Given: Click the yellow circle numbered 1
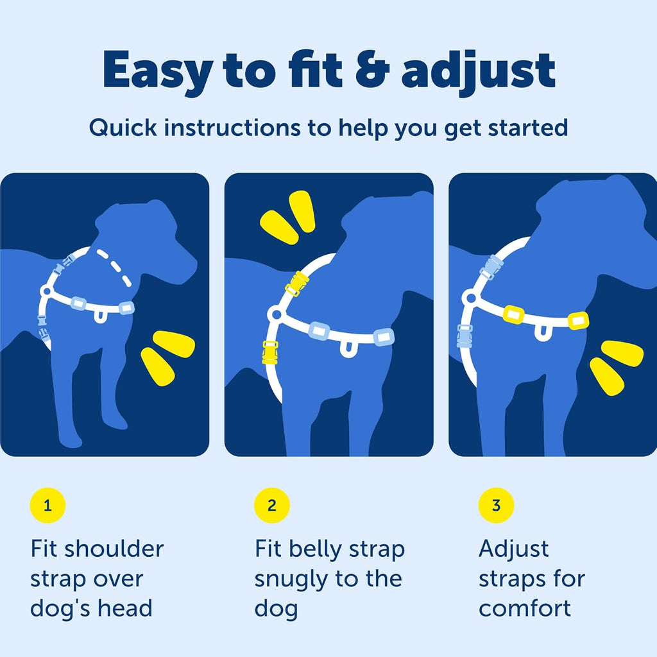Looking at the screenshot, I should pos(47,506).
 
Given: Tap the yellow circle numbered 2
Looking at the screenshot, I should pos(272,506).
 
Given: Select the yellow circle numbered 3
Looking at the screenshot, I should pos(496,506).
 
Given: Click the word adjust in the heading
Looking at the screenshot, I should pos(478,71).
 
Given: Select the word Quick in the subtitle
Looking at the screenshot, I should pos(123,128).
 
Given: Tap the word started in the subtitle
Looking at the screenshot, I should pos(528,128).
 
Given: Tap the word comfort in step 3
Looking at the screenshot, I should pos(524,608).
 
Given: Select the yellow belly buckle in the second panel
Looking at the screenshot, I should pos(270,352).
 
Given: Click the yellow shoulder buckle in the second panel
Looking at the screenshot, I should pos(297,283).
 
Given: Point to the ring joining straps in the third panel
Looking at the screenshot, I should pos(470,297).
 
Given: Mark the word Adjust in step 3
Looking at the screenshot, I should pos(514,549).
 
